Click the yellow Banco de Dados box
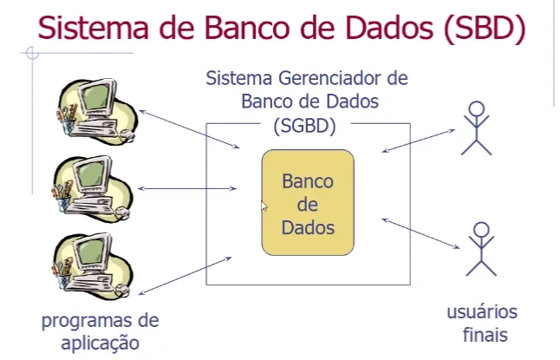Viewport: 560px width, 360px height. (308, 204)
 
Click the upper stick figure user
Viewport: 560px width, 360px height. (475, 128)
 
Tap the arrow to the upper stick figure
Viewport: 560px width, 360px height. (417, 141)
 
